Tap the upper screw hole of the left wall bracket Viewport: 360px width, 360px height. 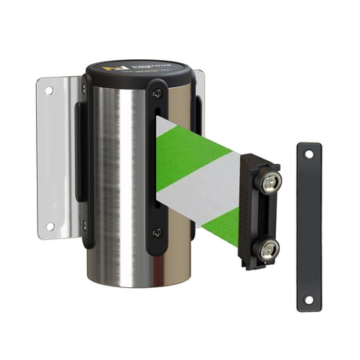click(x=49, y=91)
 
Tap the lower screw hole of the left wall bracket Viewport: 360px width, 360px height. click(x=50, y=226)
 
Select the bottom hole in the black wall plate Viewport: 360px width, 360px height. click(x=308, y=300)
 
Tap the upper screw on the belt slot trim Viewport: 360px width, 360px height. click(x=158, y=94)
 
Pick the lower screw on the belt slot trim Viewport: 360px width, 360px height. click(x=157, y=233)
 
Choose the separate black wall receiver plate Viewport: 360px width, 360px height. click(x=308, y=228)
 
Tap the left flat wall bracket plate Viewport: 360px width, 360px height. click(x=56, y=156)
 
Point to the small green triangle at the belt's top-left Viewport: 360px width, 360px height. click(x=162, y=126)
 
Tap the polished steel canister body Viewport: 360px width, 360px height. click(x=116, y=184)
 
